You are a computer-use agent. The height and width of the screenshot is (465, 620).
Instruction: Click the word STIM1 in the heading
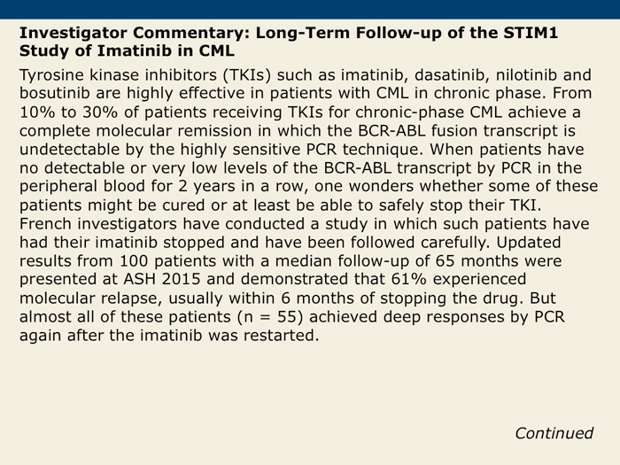pyautogui.click(x=531, y=33)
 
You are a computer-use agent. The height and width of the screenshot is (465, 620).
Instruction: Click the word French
pyautogui.click(x=45, y=224)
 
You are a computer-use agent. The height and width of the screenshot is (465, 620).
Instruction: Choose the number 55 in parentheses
pyautogui.click(x=287, y=317)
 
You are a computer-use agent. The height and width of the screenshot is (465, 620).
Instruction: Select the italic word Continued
pyautogui.click(x=554, y=433)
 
